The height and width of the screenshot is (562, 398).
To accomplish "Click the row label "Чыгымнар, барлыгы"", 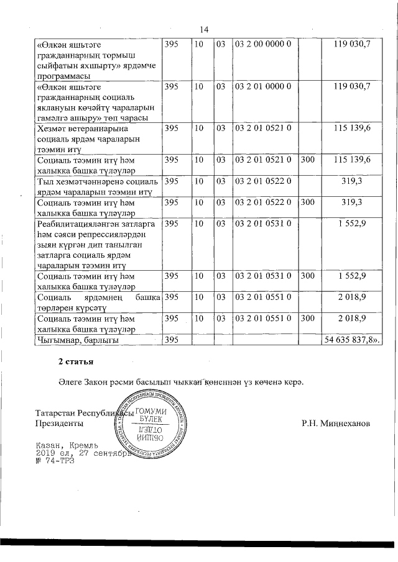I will [78, 340].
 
